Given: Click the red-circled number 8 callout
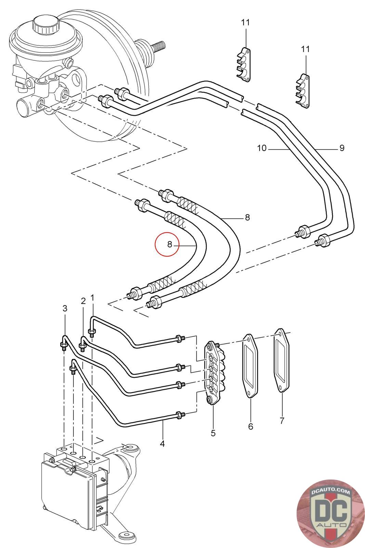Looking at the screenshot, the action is coord(170,244).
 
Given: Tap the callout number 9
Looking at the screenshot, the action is coord(342,148).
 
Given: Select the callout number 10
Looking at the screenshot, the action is coord(262,148).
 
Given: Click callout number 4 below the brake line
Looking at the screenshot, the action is coord(162,443).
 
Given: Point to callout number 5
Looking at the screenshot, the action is coord(213,433).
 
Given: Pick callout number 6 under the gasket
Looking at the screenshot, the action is coord(251,426).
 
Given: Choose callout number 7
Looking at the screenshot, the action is coord(282,421).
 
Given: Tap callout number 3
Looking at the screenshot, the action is coord(65,308).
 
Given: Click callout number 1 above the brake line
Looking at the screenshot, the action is coord(92,298).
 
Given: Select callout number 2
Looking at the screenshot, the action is coord(83,301).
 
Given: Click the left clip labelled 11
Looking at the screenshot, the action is coord(243,65).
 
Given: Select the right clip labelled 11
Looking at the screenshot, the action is coord(303,91).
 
